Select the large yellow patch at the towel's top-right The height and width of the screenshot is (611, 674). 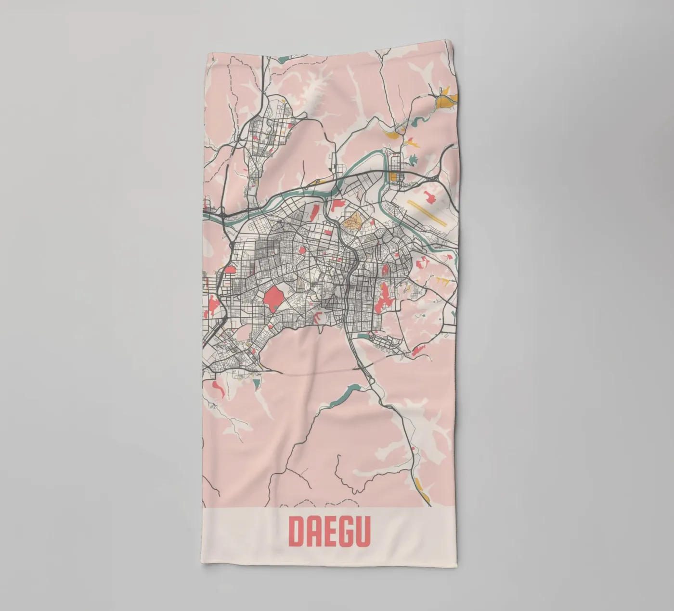pyautogui.click(x=445, y=100)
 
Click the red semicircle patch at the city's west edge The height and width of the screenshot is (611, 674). pyautogui.click(x=230, y=270)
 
